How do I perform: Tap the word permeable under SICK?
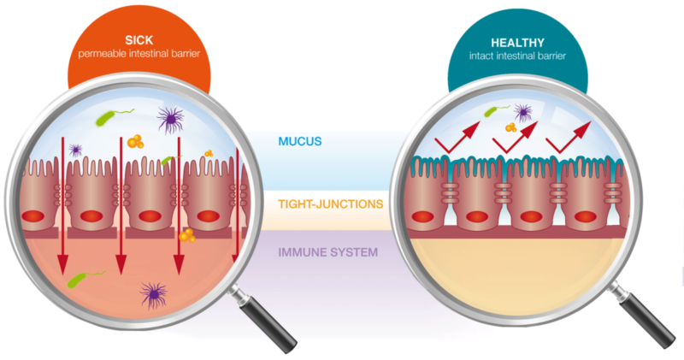[x=99, y=56]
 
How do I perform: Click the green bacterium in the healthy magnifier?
[x=492, y=111]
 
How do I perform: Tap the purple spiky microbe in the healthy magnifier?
[x=522, y=111]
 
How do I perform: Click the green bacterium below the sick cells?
[x=85, y=279]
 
